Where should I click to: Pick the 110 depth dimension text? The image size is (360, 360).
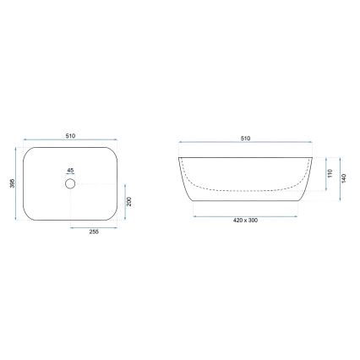click(x=330, y=174)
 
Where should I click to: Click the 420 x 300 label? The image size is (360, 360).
click(x=245, y=221)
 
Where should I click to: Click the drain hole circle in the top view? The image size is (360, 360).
click(x=70, y=183)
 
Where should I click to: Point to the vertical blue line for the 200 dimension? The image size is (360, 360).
click(x=123, y=203)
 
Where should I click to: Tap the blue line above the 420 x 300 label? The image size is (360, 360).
click(x=245, y=215)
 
